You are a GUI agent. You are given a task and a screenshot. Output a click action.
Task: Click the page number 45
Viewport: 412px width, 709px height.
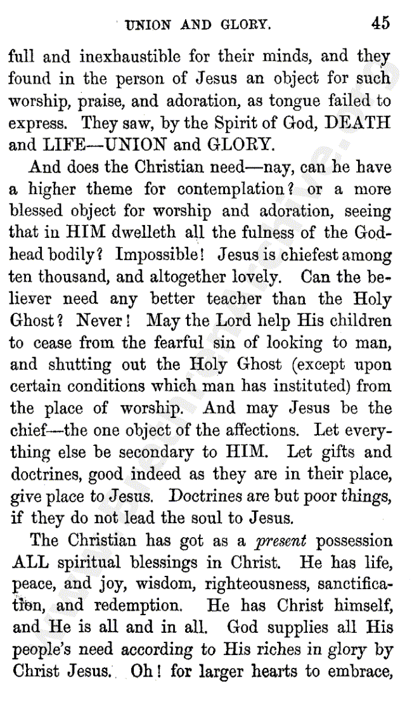click(381, 23)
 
